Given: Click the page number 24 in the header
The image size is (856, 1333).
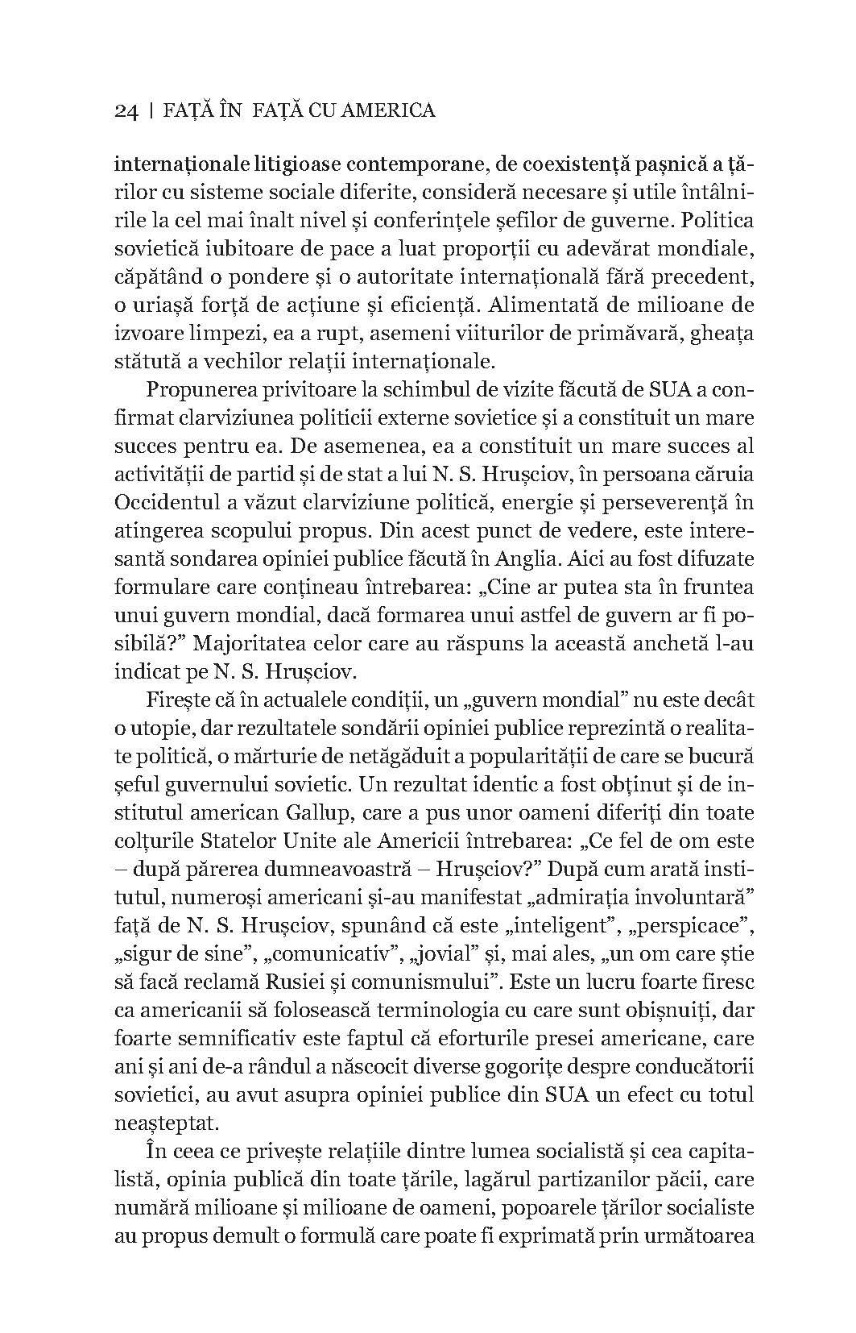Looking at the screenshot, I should click(x=127, y=110).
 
